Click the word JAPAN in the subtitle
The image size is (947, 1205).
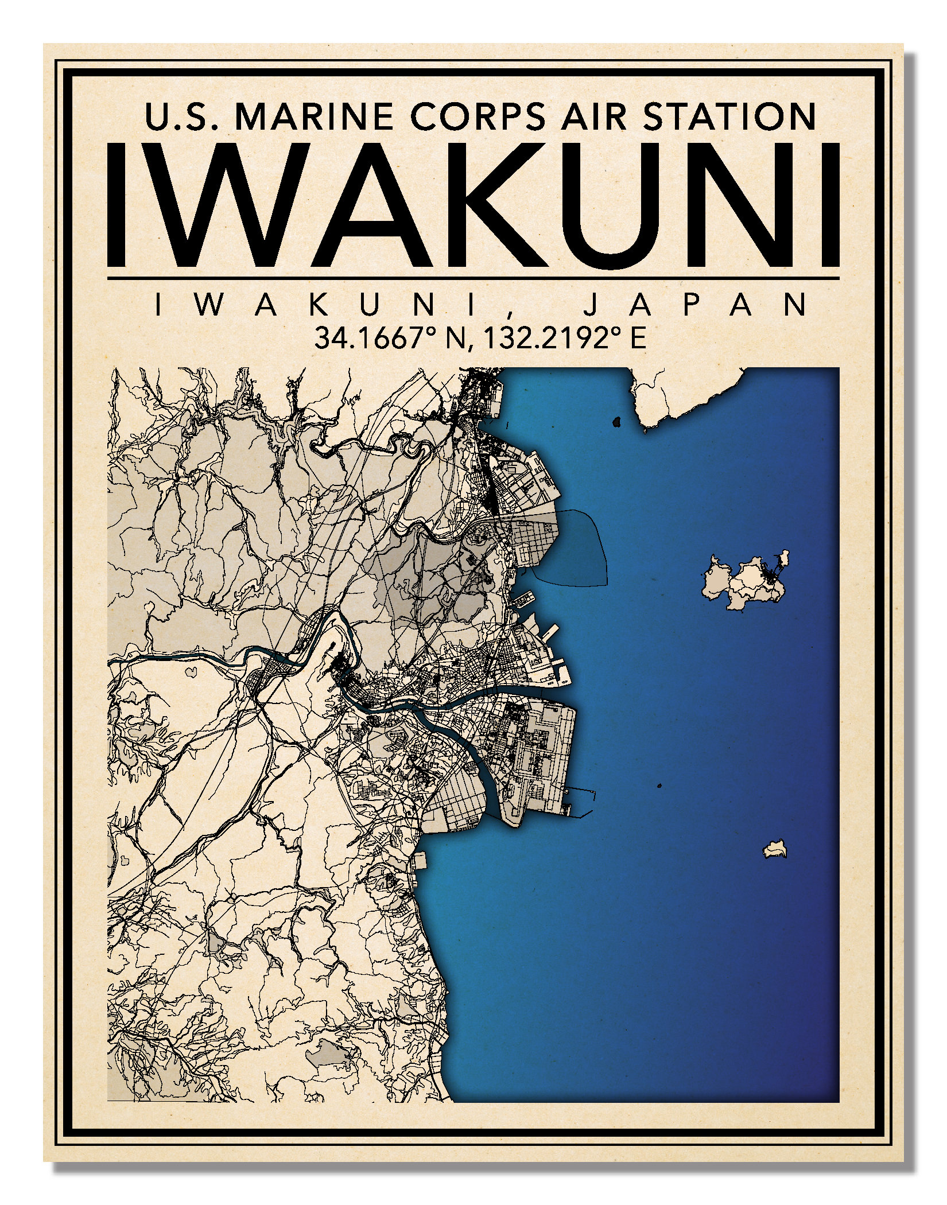click(694, 305)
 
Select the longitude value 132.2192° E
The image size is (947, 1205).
click(565, 339)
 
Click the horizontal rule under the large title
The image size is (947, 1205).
click(473, 278)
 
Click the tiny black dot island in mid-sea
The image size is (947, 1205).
click(659, 786)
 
